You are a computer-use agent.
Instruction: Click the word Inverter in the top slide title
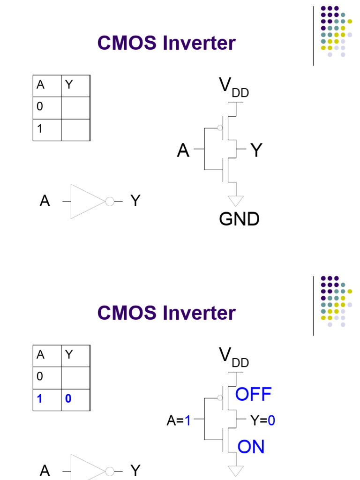pyautogui.click(x=199, y=44)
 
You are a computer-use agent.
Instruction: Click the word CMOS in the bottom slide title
pyautogui.click(x=126, y=313)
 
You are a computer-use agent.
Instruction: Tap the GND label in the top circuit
pyautogui.click(x=239, y=219)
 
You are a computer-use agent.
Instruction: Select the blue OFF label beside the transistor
pyautogui.click(x=253, y=395)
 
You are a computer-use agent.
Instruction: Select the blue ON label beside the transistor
pyautogui.click(x=251, y=447)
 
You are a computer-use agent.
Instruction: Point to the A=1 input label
pyautogui.click(x=179, y=421)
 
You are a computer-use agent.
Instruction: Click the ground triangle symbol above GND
pyautogui.click(x=236, y=201)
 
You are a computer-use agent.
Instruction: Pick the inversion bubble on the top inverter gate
pyautogui.click(x=110, y=202)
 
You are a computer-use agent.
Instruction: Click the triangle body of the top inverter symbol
pyautogui.click(x=84, y=202)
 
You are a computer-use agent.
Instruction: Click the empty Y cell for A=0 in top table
pyautogui.click(x=75, y=107)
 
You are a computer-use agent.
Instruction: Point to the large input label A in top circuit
pyautogui.click(x=183, y=150)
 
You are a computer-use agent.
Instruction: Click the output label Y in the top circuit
pyautogui.click(x=256, y=150)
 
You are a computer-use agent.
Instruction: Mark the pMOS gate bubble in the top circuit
pyautogui.click(x=219, y=127)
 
